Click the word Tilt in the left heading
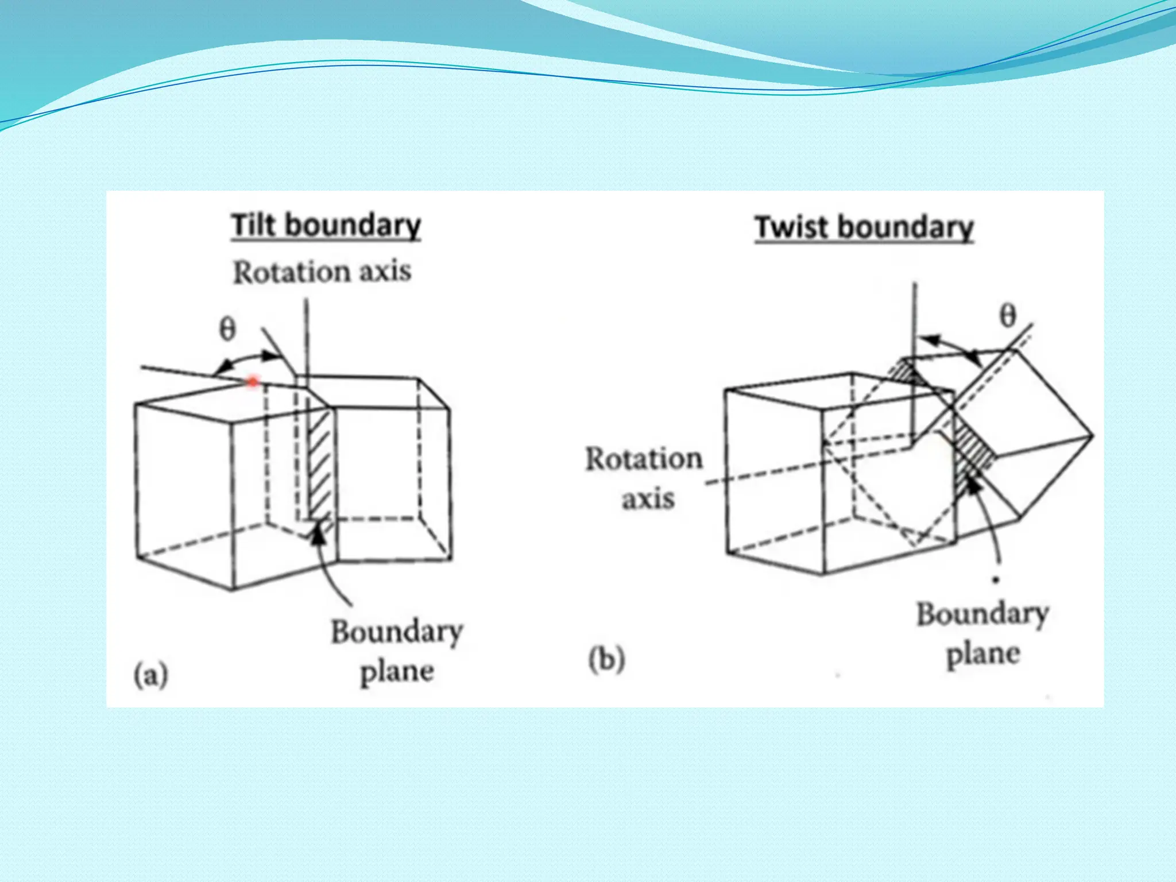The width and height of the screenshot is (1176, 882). click(254, 225)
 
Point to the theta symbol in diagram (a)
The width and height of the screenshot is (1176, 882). click(228, 330)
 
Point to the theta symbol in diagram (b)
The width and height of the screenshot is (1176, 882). click(1008, 316)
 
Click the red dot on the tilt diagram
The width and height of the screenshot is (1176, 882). click(253, 381)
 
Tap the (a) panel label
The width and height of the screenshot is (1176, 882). click(151, 675)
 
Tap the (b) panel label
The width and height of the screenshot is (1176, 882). click(606, 660)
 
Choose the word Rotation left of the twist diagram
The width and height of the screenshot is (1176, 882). click(644, 459)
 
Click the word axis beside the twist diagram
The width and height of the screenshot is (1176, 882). click(648, 498)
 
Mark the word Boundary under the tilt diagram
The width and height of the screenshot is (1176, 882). click(397, 632)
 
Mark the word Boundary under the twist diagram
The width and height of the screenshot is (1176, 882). click(982, 614)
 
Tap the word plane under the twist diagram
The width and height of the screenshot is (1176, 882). click(983, 654)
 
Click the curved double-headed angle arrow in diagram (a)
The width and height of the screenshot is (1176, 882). click(253, 359)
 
